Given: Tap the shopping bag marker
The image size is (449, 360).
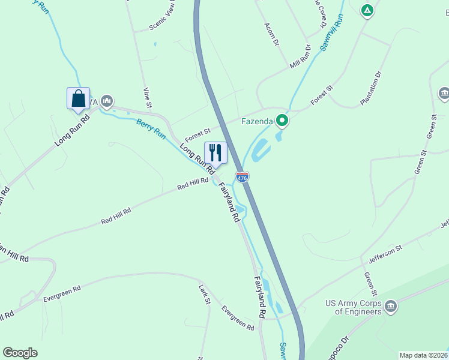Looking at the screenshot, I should click(78, 98).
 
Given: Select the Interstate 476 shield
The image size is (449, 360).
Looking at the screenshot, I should click(241, 177).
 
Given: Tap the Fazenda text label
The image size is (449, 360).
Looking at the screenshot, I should click(258, 121).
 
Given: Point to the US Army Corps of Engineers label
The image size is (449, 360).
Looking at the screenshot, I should click(353, 307).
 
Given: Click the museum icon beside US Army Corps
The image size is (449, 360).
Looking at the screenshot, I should click(391, 307).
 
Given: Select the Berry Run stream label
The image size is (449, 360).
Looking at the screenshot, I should click(151, 129).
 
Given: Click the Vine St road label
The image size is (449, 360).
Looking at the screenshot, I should click(147, 98).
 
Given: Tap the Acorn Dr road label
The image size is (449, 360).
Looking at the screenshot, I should click(272, 35).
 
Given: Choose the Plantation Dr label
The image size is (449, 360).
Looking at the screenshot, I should click(370, 89).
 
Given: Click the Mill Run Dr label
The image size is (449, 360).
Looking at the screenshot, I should click(300, 56).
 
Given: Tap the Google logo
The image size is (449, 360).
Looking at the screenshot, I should click(20, 353).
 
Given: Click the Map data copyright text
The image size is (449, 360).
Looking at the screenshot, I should click(423, 355).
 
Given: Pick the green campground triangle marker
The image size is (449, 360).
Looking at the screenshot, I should click(367, 10).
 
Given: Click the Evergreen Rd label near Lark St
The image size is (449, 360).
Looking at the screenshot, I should click(238, 318).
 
